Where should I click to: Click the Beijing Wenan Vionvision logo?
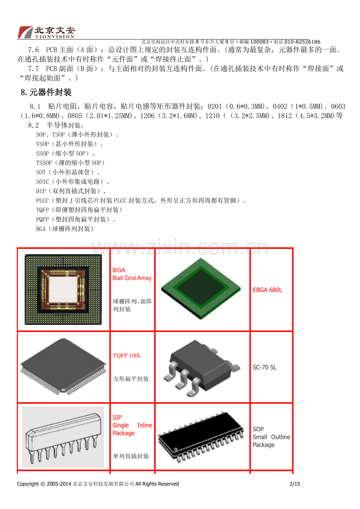pyautogui.click(x=47, y=32)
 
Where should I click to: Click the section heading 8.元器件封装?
pyautogui.click(x=46, y=92)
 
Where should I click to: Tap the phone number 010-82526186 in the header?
pyautogui.click(x=302, y=42)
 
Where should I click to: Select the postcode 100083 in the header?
pyautogui.click(x=259, y=42)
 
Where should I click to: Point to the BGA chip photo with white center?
pyautogui.click(x=63, y=289)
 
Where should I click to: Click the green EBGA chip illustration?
pyautogui.click(x=201, y=289)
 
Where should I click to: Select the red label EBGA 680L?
pyautogui.click(x=267, y=290)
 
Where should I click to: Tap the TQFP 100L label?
pyautogui.click(x=127, y=356)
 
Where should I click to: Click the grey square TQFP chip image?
pyautogui.click(x=63, y=366)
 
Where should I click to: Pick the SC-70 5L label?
pyautogui.click(x=265, y=367)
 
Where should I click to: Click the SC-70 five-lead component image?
pyautogui.click(x=202, y=369)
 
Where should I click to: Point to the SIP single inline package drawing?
pyautogui.click(x=63, y=437)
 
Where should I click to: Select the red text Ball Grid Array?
pyautogui.click(x=132, y=278)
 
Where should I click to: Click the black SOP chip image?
pyautogui.click(x=201, y=437)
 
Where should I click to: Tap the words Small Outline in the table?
pyautogui.click(x=271, y=437)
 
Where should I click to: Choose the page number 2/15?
pyautogui.click(x=295, y=484)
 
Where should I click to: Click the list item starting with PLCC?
pyautogui.click(x=141, y=201)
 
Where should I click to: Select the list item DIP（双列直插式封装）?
pyautogui.click(x=71, y=191)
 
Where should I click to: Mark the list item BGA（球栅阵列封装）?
pyautogui.click(x=65, y=229)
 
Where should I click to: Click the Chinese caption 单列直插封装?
pyautogui.click(x=131, y=456)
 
